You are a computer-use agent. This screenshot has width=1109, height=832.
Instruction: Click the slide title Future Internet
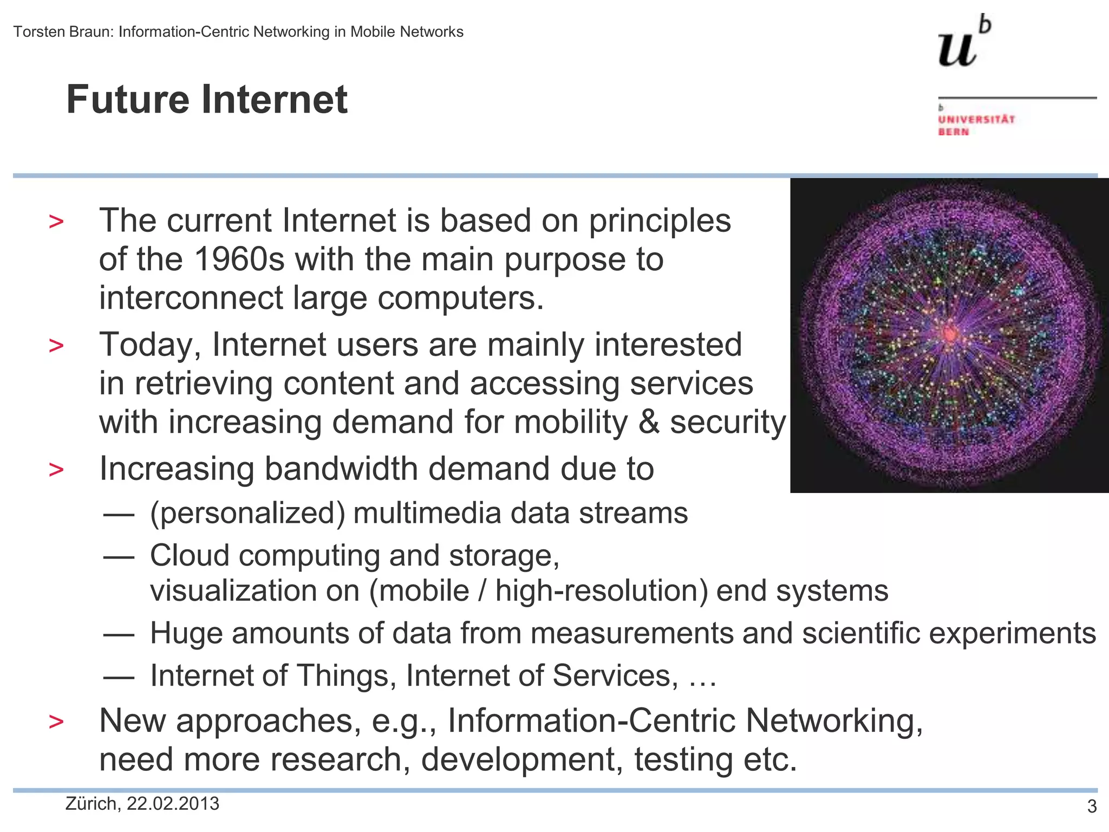[x=206, y=100]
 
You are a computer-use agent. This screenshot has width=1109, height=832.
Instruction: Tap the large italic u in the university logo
[x=957, y=50]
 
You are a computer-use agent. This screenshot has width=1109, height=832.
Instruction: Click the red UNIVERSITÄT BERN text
[x=976, y=125]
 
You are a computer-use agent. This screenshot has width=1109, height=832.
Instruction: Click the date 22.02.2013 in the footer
[x=173, y=804]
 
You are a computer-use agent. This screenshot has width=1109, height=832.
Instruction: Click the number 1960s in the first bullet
[x=239, y=259]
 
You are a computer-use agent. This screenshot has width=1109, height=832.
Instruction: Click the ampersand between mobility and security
[x=648, y=422]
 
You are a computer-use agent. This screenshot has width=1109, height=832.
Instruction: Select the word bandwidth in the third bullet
[x=341, y=469]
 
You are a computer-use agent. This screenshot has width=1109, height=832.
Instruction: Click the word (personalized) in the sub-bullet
[x=247, y=513]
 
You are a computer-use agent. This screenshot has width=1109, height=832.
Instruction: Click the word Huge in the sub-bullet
[x=186, y=633]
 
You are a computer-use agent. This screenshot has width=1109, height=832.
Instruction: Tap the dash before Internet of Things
[x=119, y=677]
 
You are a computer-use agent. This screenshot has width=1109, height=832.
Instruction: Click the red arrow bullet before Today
[x=56, y=346]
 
